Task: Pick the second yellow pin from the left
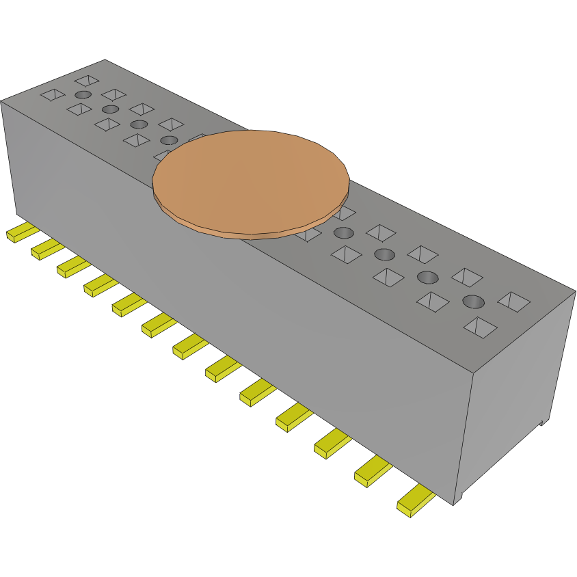(46, 249)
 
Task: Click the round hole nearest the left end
(83, 94)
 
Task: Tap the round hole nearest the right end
(472, 301)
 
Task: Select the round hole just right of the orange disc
(344, 233)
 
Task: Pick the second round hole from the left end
(110, 109)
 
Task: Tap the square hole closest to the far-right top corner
(514, 301)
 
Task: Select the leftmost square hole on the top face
(52, 94)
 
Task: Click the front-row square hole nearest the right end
(481, 327)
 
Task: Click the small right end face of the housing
(520, 397)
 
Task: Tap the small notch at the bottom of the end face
(544, 422)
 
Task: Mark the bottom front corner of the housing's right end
(455, 505)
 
